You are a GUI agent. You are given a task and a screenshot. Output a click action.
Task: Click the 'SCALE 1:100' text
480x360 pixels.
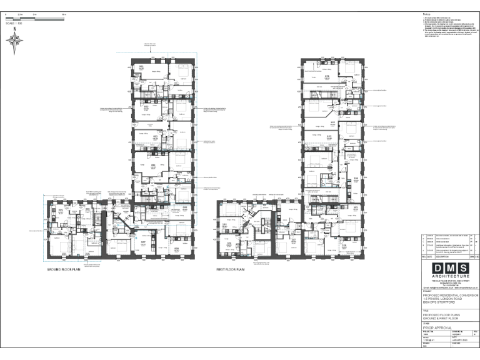[x=13, y=23]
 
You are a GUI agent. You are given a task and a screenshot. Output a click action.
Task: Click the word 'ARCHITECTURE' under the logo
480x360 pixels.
[x=449, y=276]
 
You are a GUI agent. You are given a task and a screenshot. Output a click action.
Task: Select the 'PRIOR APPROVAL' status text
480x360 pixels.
[x=437, y=326]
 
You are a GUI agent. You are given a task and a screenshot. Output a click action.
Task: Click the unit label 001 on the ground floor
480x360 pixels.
[x=141, y=67]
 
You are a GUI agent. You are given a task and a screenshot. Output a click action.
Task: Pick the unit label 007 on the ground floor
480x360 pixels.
[x=142, y=242]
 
